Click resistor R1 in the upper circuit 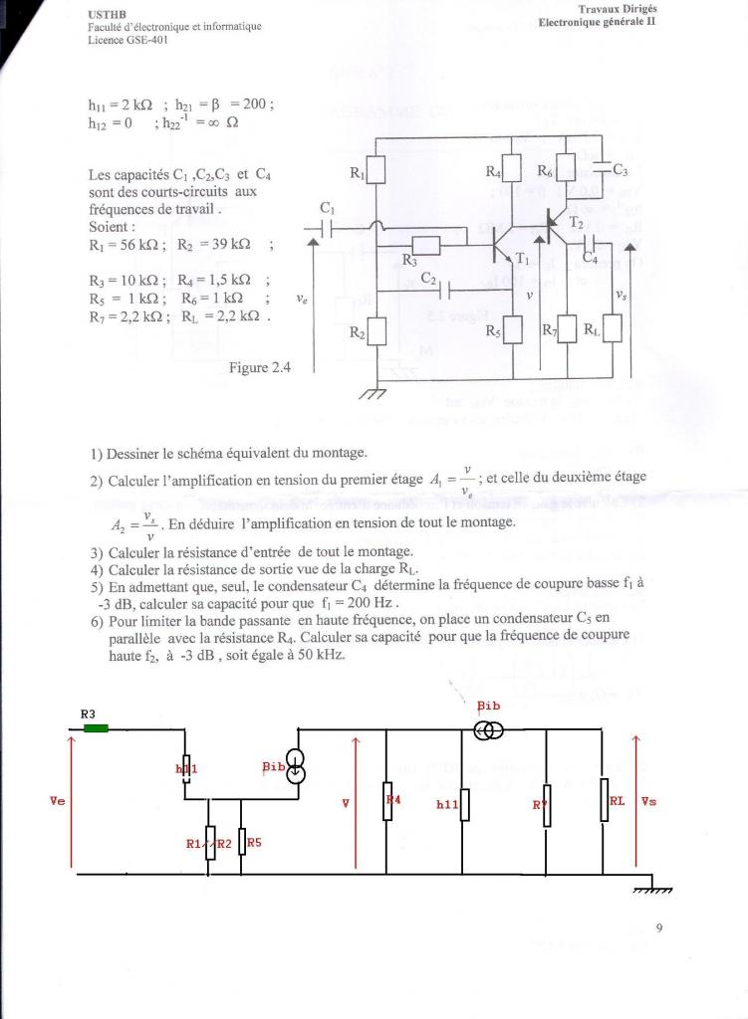(375, 171)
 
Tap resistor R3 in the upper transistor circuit (425, 245)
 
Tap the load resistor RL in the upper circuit (612, 327)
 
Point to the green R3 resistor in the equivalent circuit (96, 728)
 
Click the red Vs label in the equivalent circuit (648, 800)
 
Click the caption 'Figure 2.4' (259, 367)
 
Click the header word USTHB (104, 15)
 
